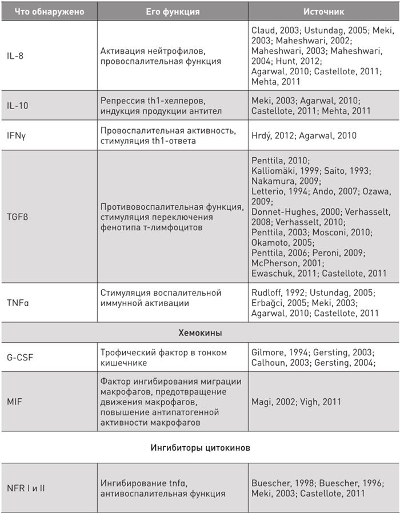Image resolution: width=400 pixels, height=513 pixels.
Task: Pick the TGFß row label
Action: pos(17,217)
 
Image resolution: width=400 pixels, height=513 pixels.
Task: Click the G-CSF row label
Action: pos(19,358)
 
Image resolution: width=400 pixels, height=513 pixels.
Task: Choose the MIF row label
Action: pos(13,402)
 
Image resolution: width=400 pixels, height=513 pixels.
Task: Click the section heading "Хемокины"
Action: pos(199,332)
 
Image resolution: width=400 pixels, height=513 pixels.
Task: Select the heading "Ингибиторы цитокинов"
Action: pos(199,448)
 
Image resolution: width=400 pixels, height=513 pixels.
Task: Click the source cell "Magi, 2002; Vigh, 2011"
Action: pos(296,402)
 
